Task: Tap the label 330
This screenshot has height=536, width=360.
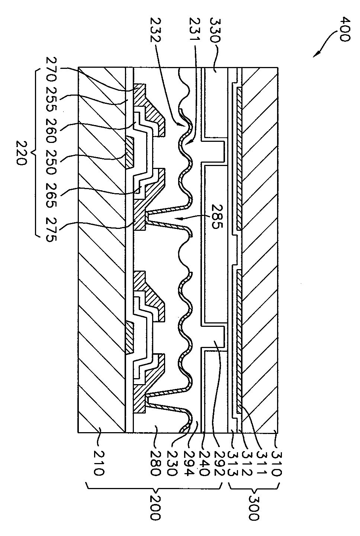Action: click(x=215, y=29)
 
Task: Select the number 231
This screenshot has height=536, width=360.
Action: click(x=194, y=28)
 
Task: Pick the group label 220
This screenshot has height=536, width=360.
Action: click(x=22, y=153)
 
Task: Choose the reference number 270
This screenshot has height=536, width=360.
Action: click(x=51, y=69)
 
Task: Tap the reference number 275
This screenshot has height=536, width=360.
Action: click(x=51, y=229)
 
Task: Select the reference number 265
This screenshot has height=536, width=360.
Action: click(x=51, y=196)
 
